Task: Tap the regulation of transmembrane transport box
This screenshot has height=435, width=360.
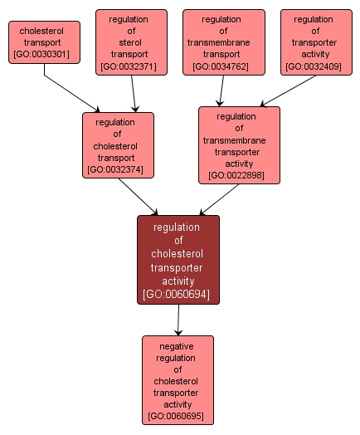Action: point(223,42)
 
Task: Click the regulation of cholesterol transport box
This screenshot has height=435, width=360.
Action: point(118,146)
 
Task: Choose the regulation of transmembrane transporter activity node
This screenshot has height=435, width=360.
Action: point(239,145)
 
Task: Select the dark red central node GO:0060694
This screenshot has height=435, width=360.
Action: point(178,260)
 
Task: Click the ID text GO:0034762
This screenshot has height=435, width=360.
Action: point(223,66)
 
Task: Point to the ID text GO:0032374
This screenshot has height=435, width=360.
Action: point(118,169)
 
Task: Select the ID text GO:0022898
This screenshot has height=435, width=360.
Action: point(239,175)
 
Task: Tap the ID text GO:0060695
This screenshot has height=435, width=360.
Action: point(178,416)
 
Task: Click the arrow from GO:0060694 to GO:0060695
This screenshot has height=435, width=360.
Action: point(178,320)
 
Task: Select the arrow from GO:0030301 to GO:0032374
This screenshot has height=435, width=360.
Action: point(71,92)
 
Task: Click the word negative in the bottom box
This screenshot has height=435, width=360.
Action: point(178,346)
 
